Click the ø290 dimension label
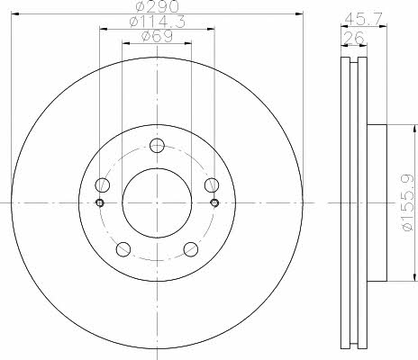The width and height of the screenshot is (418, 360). coord(157,6)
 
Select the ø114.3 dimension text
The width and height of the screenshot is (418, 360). coord(157,22)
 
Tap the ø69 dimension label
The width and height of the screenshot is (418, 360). coord(157,36)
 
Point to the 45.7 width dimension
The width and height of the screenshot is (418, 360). coord(363,19)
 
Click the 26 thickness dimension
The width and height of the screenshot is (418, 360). coord(353,38)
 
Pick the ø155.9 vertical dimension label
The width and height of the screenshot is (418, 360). coord(409,202)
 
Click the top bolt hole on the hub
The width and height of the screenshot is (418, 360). coord(157,146)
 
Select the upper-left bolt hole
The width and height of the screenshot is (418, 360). coord(102,184)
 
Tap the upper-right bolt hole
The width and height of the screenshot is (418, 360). coord(212,184)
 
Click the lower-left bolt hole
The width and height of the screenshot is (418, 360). coord(123,249)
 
